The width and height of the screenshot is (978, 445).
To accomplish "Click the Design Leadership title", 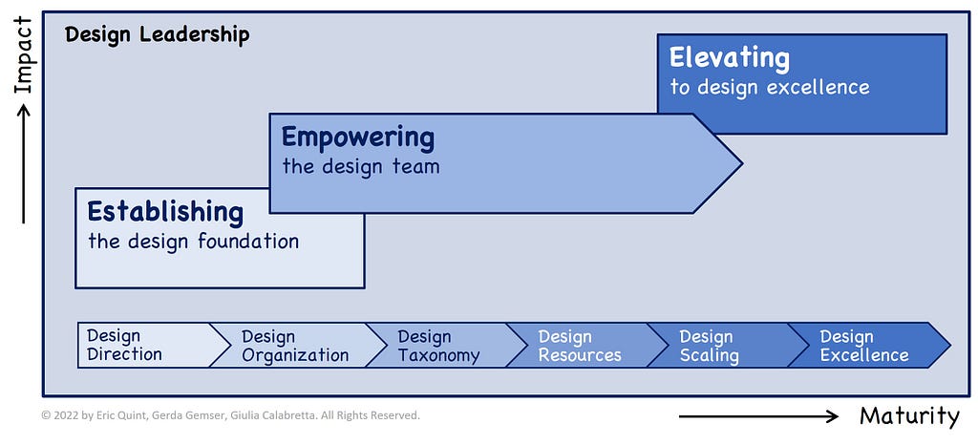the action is click(158, 34).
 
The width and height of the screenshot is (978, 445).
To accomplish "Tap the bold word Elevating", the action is click(730, 58).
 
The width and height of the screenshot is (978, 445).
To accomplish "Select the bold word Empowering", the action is click(358, 138).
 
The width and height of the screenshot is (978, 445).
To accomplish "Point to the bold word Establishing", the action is click(165, 212).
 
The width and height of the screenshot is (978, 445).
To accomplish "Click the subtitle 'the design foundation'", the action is click(193, 242).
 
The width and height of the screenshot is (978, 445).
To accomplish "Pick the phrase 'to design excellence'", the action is click(771, 87).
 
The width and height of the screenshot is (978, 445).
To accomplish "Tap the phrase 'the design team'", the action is click(360, 166).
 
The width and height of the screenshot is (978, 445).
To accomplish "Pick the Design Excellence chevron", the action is click(867, 346).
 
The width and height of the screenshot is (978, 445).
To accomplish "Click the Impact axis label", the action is click(23, 54).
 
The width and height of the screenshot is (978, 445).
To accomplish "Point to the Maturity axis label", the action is click(909, 415).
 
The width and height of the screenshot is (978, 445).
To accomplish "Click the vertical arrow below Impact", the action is click(24, 163).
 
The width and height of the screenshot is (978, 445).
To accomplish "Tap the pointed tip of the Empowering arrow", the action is click(741, 163).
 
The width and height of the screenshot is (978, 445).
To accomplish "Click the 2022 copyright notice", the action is click(231, 415).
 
